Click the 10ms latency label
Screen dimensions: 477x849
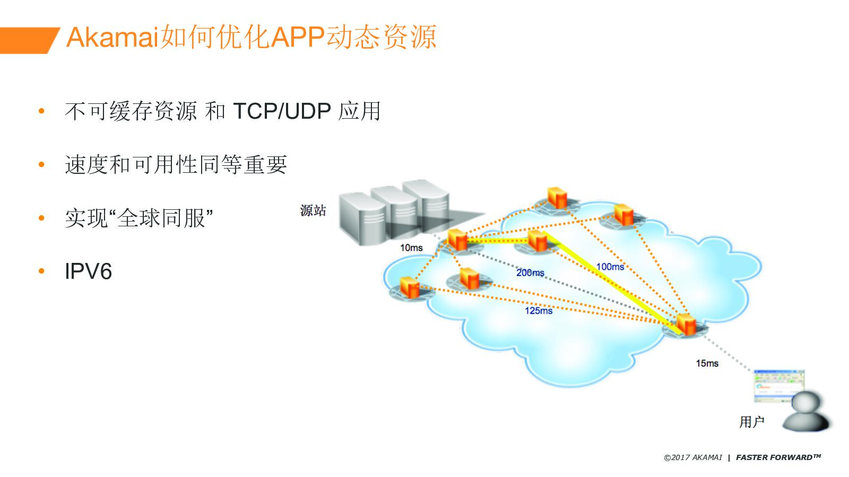coord(411,248)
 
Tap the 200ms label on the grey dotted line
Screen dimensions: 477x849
coord(530,272)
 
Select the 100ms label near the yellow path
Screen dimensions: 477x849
coord(610,267)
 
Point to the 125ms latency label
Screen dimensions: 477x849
coord(539,311)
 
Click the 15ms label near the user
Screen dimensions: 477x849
coord(707,363)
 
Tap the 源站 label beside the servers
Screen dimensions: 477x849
coord(313,211)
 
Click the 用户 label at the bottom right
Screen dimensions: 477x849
coord(751,422)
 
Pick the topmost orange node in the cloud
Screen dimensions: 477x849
coord(557,198)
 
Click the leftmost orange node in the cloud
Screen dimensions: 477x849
coord(410,288)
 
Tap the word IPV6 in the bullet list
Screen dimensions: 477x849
coord(88,271)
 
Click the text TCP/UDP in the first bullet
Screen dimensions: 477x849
coord(282,111)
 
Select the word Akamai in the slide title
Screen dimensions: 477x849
coord(112,37)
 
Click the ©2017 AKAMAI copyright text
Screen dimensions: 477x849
coord(692,457)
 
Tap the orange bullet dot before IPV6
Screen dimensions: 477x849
coord(42,271)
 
